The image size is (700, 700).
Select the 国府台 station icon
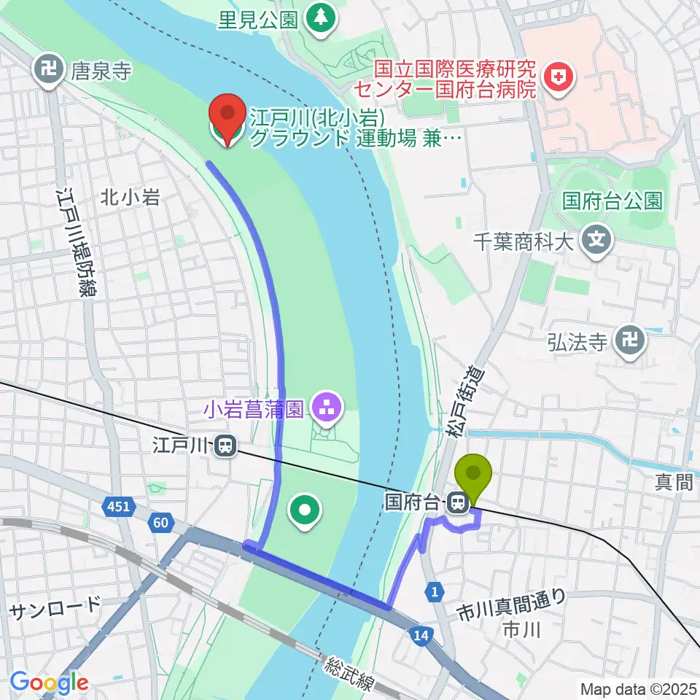(x=459, y=502)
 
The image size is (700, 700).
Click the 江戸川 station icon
(x=226, y=445)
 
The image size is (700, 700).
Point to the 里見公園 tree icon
(x=319, y=15)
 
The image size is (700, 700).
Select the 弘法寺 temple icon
(x=629, y=340)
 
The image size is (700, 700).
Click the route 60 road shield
(x=160, y=521)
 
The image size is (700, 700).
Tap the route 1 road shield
(x=434, y=594)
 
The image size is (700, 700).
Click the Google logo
(x=49, y=682)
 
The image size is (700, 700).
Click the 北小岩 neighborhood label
(x=130, y=197)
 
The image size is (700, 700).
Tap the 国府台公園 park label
(x=612, y=201)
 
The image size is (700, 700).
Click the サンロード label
(x=55, y=607)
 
